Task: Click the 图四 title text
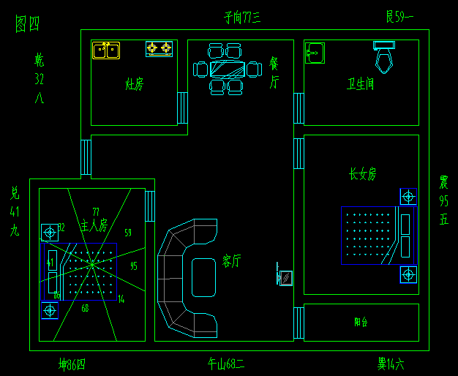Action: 28,23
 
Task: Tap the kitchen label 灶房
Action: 135,85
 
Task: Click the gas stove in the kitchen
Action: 159,49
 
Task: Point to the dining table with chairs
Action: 227,69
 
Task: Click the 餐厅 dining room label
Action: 274,72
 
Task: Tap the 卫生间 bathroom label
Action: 361,84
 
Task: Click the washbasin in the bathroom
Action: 315,53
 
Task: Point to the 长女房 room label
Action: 362,174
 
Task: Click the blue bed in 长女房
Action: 378,235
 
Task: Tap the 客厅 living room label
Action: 232,261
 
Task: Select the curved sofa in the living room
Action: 183,278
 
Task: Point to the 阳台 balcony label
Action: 361,321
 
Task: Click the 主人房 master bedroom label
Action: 94,224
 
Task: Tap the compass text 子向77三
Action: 242,16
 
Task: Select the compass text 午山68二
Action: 226,363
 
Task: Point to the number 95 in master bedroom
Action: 133,266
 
